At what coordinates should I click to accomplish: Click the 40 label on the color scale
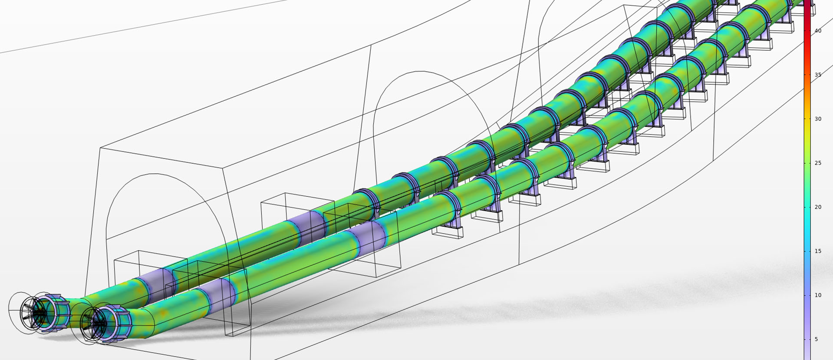pos(817,31)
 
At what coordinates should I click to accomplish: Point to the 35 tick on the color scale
pos(817,75)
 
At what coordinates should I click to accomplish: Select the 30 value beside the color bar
pos(817,119)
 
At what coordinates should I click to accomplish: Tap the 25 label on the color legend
pos(817,163)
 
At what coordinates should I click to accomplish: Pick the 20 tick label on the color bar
pos(817,207)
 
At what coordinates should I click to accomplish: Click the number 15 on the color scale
pos(817,251)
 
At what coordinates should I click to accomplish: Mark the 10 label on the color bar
pos(817,295)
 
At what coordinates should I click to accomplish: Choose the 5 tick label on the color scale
pos(816,339)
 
